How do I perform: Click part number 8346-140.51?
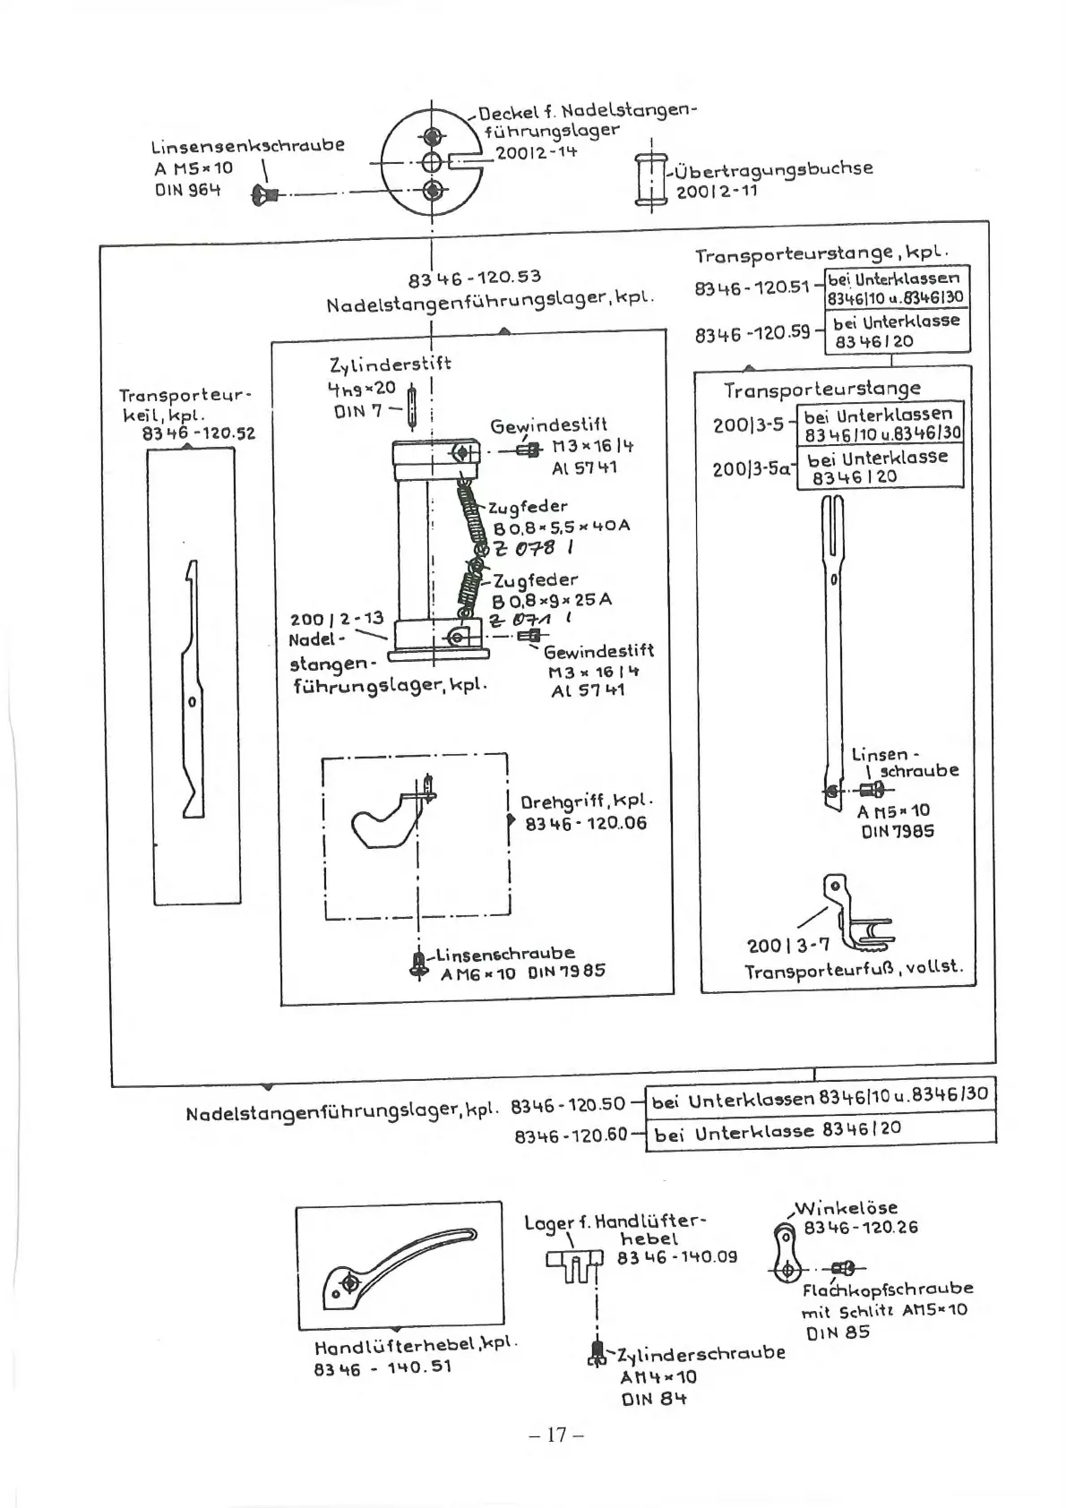pyautogui.click(x=383, y=1367)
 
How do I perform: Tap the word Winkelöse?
pyautogui.click(x=847, y=1207)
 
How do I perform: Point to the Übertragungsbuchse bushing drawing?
pyautogui.click(x=651, y=179)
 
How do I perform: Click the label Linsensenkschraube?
pyautogui.click(x=248, y=145)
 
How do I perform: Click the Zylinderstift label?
pyautogui.click(x=391, y=364)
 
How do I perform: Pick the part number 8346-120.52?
pyautogui.click(x=198, y=433)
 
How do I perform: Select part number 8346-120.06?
pyautogui.click(x=586, y=823)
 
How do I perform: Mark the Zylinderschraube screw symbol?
pyautogui.click(x=596, y=1352)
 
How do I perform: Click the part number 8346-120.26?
pyautogui.click(x=861, y=1227)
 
